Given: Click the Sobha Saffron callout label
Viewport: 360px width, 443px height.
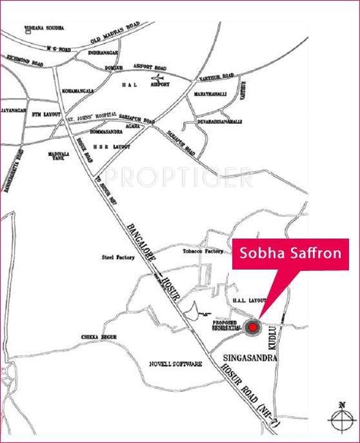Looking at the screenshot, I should tap(290, 252).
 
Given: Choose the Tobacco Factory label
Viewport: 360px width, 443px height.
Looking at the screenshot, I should tap(203, 251).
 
